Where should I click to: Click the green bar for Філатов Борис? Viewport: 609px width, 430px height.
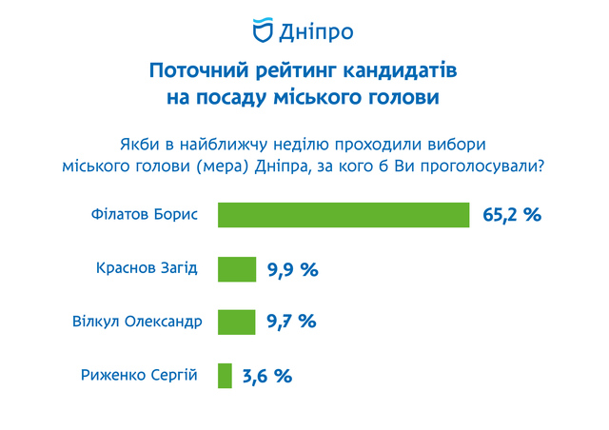[x=344, y=215]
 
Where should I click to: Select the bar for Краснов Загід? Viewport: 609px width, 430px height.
[x=237, y=269]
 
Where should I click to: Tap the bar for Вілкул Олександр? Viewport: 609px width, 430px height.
[x=237, y=322]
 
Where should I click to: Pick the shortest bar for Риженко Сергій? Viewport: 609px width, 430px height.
[x=225, y=376]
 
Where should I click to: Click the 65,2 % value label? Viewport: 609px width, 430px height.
[x=512, y=215]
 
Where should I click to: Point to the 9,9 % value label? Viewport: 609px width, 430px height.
[x=293, y=270]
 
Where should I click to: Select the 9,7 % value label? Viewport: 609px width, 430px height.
[x=292, y=322]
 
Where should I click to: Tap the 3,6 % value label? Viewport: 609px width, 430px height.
[x=267, y=376]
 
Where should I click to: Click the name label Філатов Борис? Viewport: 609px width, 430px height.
[x=145, y=214]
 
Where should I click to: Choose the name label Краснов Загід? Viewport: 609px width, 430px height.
[x=147, y=268]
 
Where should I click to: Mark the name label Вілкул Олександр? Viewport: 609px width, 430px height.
[x=137, y=322]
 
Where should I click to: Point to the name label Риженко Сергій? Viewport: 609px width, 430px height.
[x=139, y=375]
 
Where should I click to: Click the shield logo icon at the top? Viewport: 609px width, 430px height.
[x=263, y=29]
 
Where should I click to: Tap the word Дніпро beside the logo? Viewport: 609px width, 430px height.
[x=316, y=31]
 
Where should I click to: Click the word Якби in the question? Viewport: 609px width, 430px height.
[x=140, y=145]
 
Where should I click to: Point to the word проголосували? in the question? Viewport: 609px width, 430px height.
[x=482, y=166]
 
